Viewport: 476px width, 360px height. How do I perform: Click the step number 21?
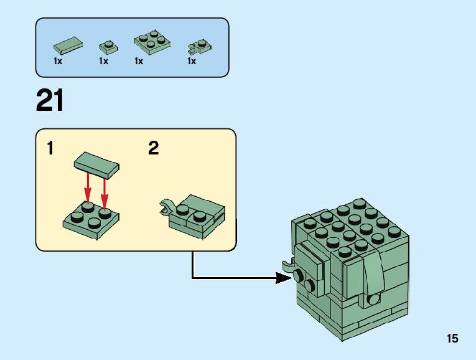(50, 100)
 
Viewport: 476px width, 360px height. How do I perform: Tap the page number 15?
(452, 338)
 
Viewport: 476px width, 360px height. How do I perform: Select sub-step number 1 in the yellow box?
(50, 148)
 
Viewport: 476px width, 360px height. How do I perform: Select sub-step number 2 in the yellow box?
(154, 148)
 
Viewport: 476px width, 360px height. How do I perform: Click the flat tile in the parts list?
(68, 45)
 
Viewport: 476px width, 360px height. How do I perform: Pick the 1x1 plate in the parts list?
(108, 47)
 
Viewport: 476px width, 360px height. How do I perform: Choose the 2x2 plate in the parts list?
(152, 42)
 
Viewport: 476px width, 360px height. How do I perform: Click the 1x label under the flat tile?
(58, 62)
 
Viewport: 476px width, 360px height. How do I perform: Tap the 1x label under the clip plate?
(192, 62)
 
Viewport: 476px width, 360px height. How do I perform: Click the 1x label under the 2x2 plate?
(139, 62)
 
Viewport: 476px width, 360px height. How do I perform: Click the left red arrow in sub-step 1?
(88, 187)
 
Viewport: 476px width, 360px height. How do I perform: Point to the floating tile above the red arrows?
(96, 166)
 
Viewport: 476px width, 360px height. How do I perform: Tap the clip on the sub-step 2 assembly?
(166, 206)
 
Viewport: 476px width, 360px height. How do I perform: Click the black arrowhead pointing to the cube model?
(283, 278)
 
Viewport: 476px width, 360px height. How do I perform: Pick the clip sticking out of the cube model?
(288, 265)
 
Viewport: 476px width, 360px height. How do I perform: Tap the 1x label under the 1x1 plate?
(103, 62)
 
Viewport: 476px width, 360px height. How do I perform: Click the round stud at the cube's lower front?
(373, 299)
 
